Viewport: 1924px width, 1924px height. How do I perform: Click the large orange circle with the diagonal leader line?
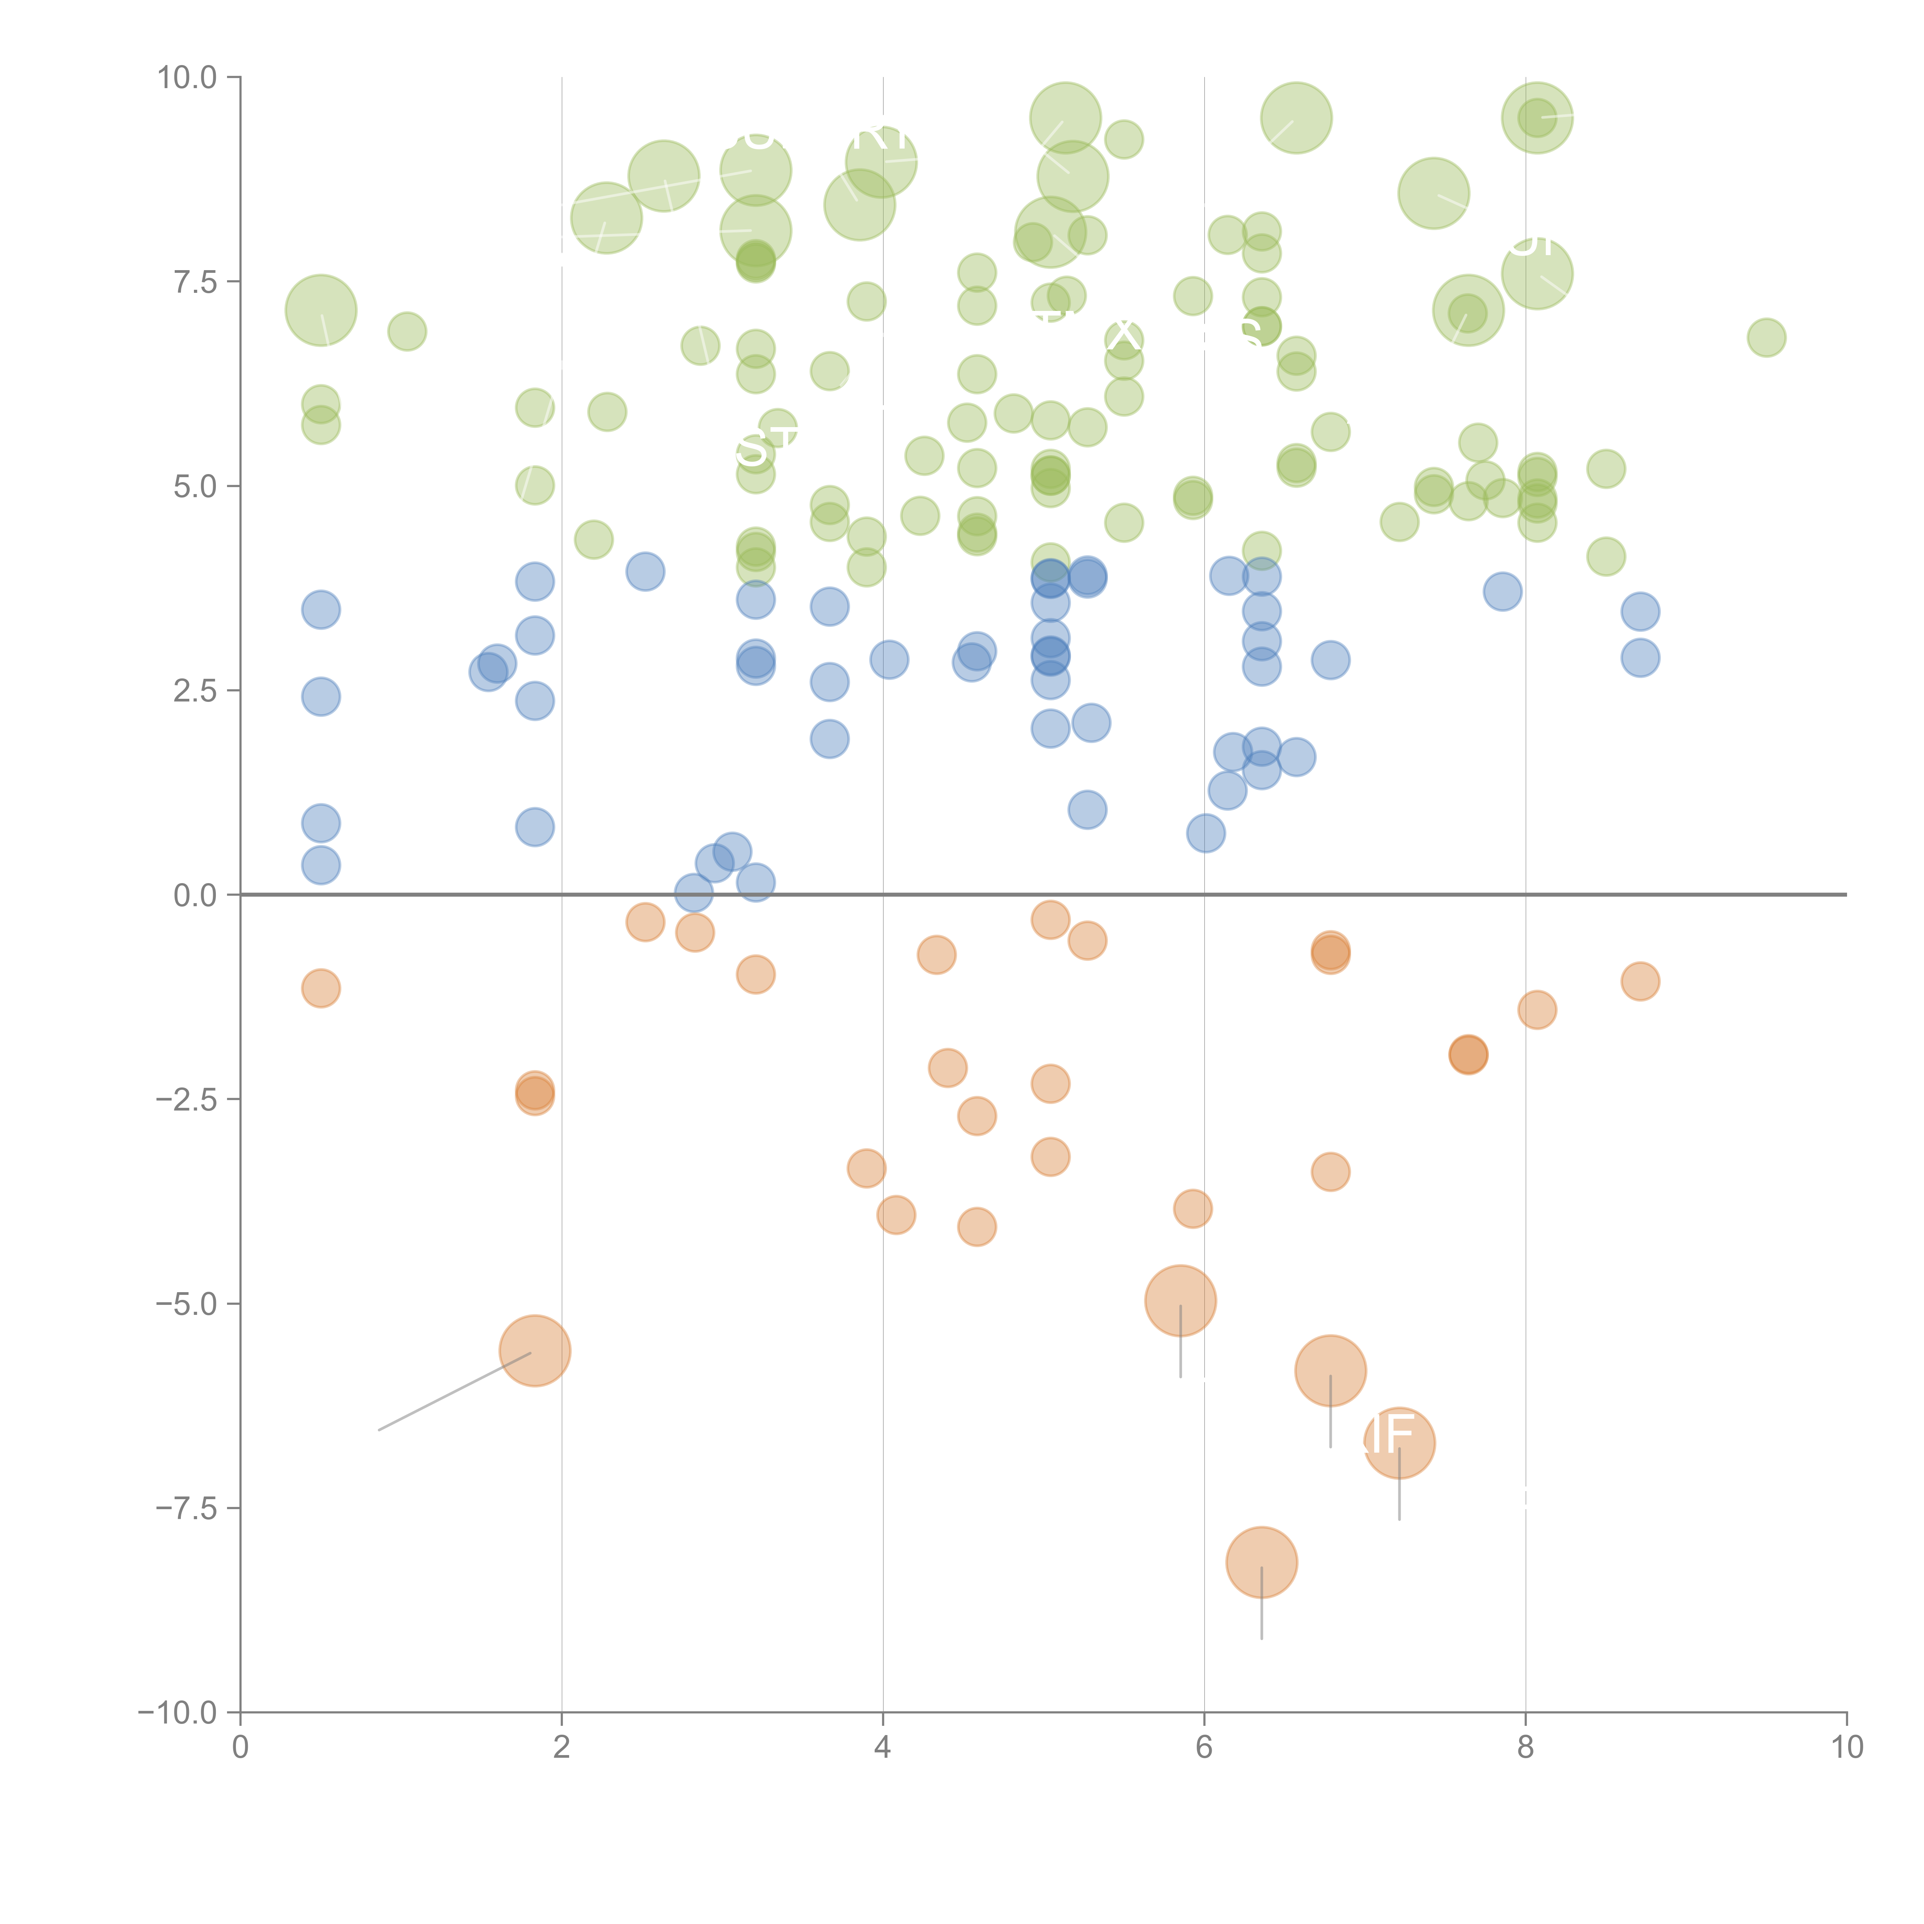[x=535, y=1350]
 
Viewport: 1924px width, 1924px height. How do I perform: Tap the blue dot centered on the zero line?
[x=694, y=893]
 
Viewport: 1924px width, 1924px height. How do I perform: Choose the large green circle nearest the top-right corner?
[x=1537, y=117]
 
